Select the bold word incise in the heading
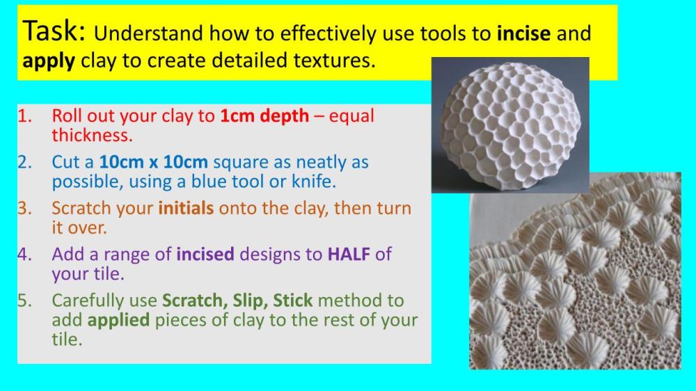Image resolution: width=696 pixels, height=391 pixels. (x=524, y=33)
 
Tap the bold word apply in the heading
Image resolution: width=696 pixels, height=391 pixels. (x=49, y=61)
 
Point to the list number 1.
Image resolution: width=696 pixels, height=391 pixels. (x=25, y=115)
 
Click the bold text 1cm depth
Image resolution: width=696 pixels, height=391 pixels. (x=264, y=115)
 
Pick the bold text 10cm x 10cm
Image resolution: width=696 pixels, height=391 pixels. (x=154, y=162)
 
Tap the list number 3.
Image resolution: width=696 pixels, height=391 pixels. (x=25, y=208)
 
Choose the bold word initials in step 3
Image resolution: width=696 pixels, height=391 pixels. (x=186, y=208)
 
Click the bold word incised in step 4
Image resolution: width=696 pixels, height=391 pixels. (x=205, y=254)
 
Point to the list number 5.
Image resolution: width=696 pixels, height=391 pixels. (x=25, y=301)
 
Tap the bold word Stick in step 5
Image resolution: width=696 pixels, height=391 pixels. (x=292, y=301)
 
